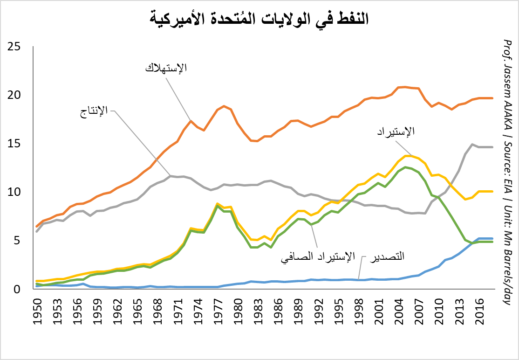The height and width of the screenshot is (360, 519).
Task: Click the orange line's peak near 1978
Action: coord(224,106)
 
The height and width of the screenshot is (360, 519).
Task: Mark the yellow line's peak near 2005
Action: coord(406,155)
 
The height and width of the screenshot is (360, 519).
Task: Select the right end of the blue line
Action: coord(493,238)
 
